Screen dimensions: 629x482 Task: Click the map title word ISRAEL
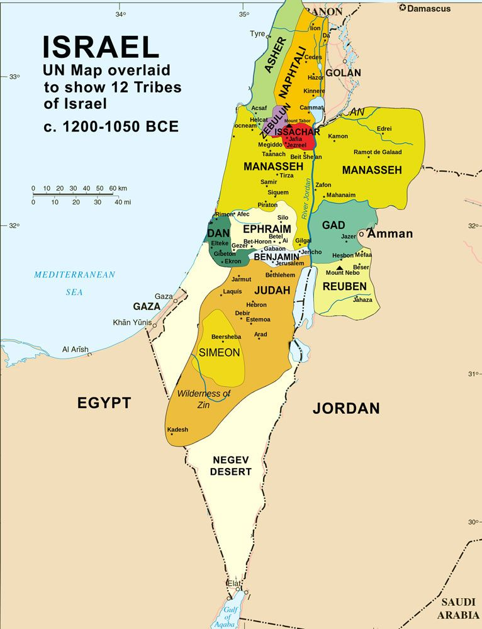[x=101, y=48]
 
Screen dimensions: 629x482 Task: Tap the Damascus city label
[x=429, y=9]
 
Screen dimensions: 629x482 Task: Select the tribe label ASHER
[x=275, y=55]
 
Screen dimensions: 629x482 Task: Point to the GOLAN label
[x=343, y=73]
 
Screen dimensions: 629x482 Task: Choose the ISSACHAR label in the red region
[x=298, y=132]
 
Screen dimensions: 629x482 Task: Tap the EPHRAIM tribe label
[x=267, y=228]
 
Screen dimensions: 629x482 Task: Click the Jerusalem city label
[x=289, y=264]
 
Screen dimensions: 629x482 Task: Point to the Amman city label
[x=390, y=234]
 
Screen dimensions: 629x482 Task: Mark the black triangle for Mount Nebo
[x=340, y=268]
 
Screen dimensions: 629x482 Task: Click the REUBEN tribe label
[x=344, y=287]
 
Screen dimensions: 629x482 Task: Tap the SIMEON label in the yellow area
[x=219, y=353]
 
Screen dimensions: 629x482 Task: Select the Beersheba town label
[x=226, y=337]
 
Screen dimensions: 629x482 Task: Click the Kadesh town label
[x=178, y=430]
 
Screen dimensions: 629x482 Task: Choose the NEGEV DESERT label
[x=232, y=465]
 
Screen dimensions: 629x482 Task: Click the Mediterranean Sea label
[x=75, y=282]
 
